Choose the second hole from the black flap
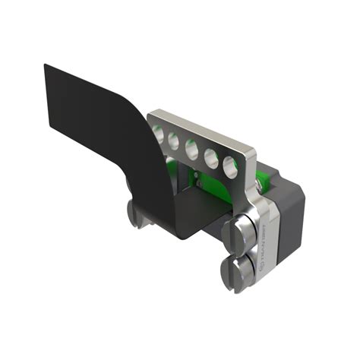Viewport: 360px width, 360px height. pyautogui.click(x=175, y=141)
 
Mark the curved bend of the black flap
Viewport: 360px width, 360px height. pyautogui.click(x=148, y=144)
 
